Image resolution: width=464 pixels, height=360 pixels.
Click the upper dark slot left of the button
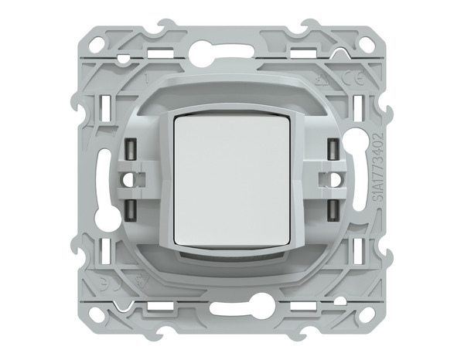tap(129, 149)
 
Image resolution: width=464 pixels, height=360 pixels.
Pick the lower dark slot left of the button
tap(129, 209)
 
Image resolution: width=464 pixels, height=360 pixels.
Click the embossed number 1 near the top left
tap(145, 78)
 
